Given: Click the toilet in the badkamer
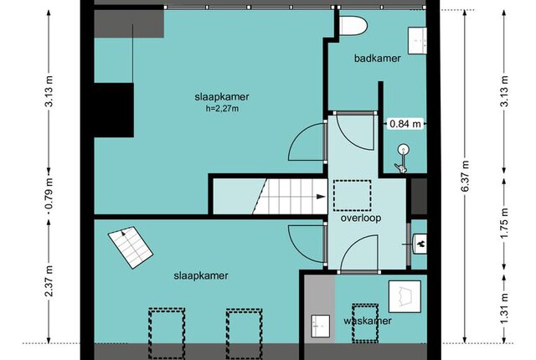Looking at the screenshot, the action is click(353, 25).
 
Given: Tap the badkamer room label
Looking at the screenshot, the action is click(378, 59).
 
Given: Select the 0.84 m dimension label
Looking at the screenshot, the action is click(405, 123).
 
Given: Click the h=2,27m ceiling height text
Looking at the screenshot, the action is click(222, 109).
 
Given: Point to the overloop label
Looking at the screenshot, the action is click(361, 218).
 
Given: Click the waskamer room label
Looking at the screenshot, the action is click(368, 321).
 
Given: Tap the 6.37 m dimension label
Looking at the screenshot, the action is click(465, 177).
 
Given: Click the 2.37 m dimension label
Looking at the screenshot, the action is click(49, 280).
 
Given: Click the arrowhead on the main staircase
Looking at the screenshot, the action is click(321, 197).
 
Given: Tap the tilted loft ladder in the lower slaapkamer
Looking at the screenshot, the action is click(131, 247).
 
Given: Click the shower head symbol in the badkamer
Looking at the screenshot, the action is click(403, 150).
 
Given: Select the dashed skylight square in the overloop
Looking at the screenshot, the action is click(353, 195).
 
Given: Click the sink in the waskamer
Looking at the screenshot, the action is click(321, 327).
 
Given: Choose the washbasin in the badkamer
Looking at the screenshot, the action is click(418, 41).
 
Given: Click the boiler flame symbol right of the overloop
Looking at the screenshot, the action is click(422, 244).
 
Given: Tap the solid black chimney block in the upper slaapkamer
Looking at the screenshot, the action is click(114, 110).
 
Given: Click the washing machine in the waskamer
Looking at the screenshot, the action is click(405, 296).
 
